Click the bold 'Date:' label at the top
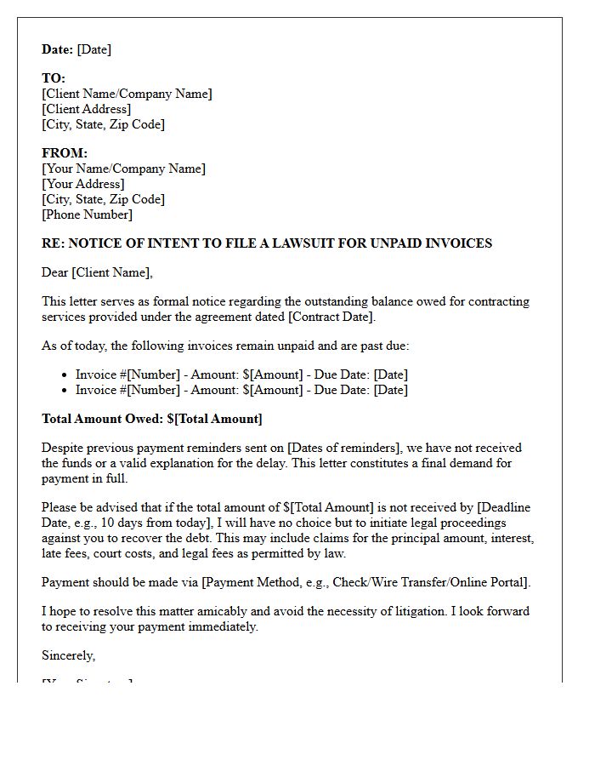click(x=57, y=49)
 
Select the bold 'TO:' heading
click(x=54, y=78)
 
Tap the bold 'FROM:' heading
click(x=65, y=153)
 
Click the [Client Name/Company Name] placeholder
click(x=127, y=94)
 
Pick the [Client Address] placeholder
click(x=86, y=109)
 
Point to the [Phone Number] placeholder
click(x=87, y=214)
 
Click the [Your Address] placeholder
click(x=82, y=184)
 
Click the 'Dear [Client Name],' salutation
click(x=97, y=272)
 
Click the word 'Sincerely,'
click(x=69, y=655)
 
